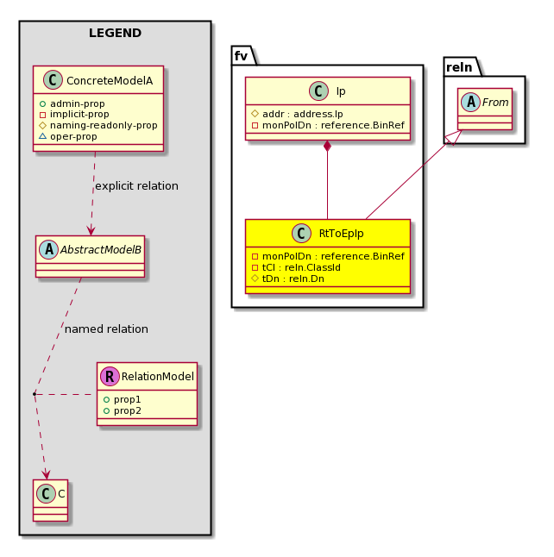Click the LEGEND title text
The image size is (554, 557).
tap(116, 33)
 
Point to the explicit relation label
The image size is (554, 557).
tap(137, 185)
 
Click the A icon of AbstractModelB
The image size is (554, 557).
tap(48, 249)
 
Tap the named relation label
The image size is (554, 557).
tap(106, 329)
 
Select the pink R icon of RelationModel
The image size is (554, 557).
tap(110, 376)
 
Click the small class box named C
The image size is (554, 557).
tap(51, 500)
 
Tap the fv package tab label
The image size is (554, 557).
tap(241, 56)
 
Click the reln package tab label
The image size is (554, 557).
tap(459, 67)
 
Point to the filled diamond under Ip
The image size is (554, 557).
tap(328, 146)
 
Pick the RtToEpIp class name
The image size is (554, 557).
tap(342, 234)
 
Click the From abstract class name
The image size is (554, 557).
tap(495, 103)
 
